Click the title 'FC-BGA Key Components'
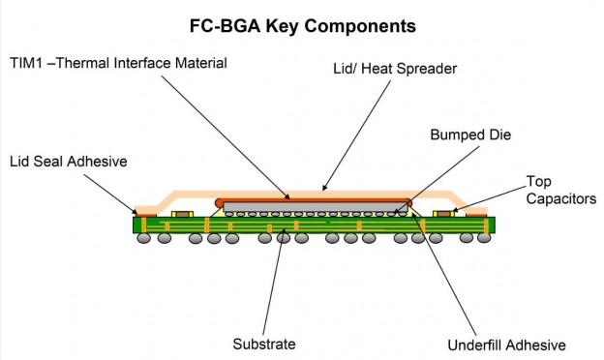click(x=303, y=23)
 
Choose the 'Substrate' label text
click(x=264, y=344)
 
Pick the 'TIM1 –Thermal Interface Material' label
click(x=116, y=64)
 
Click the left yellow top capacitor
click(x=177, y=213)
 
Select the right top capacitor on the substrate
click(x=444, y=213)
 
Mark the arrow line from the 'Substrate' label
click(x=273, y=281)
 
